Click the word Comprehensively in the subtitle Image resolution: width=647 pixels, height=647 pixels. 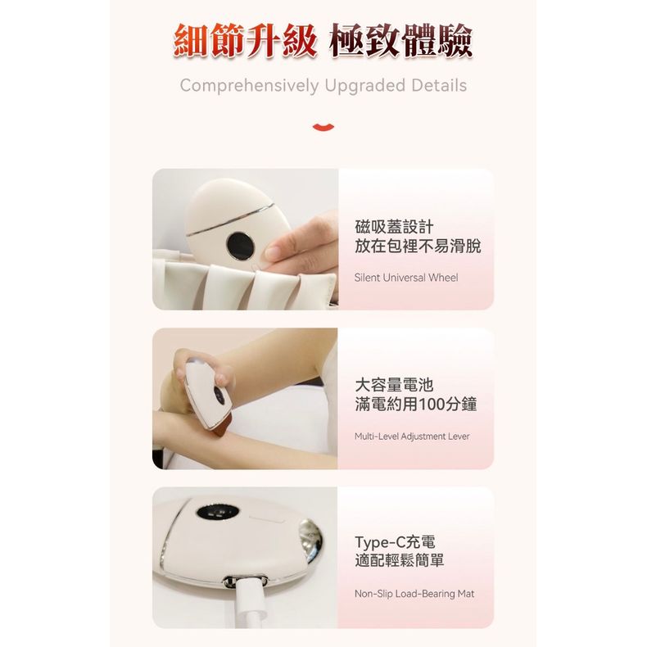tap(249, 86)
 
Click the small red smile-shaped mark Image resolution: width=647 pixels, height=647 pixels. tap(323, 127)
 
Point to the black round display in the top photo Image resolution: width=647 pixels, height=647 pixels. tap(241, 246)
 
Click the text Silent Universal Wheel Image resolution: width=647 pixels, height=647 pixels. tap(406, 278)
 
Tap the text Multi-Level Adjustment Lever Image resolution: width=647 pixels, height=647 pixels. tap(412, 437)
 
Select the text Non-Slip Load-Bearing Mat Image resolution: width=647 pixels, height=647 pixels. tap(414, 594)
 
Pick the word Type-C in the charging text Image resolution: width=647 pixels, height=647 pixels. tap(380, 542)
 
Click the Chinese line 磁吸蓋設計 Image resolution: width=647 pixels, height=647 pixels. tap(394, 227)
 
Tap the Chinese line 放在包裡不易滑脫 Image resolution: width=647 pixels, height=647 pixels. tap(418, 246)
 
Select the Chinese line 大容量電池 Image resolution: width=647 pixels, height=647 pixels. tap(394, 385)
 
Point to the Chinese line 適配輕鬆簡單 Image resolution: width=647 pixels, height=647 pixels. tap(400, 561)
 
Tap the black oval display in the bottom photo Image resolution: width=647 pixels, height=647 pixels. tap(218, 513)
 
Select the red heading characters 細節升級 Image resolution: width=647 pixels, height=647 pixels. tap(245, 41)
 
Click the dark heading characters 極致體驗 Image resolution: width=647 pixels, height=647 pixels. tap(400, 41)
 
